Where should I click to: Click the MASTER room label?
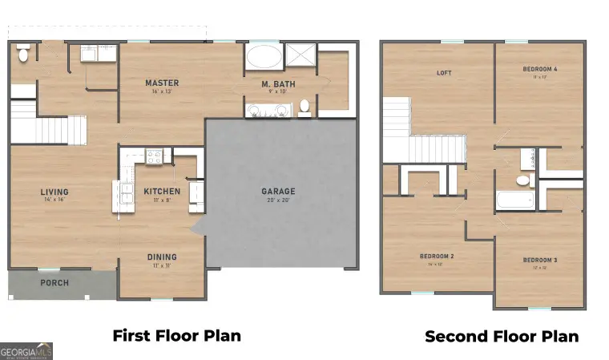tap(162, 83)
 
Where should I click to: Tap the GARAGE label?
tap(278, 192)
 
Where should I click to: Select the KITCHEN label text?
tap(162, 192)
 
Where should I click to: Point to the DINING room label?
tap(161, 257)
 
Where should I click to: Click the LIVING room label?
tap(55, 192)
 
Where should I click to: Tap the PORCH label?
tap(54, 283)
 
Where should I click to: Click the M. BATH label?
tap(275, 83)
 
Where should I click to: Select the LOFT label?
tap(444, 73)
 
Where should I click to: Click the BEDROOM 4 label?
tap(540, 69)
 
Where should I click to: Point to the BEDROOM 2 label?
tap(437, 257)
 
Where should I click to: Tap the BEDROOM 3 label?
tap(540, 260)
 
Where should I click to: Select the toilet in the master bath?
tap(304, 106)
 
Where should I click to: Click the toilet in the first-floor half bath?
tap(23, 53)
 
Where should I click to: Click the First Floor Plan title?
tap(176, 335)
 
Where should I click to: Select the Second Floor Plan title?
tap(502, 337)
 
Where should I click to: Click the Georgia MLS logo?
tap(26, 351)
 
